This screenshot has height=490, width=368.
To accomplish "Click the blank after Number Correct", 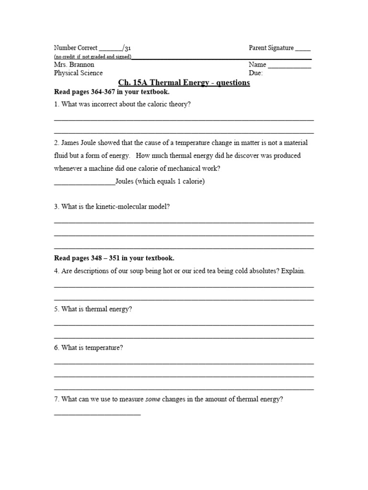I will click(111, 49).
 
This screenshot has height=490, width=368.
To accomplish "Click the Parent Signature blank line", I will click(303, 49).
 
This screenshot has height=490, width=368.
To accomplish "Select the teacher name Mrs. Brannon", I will click(74, 64).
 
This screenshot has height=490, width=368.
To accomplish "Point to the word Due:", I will click(255, 73).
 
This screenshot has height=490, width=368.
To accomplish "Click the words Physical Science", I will click(78, 73).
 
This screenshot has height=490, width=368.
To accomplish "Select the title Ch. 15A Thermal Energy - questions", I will click(184, 83).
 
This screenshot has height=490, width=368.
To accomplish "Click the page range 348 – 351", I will click(105, 258).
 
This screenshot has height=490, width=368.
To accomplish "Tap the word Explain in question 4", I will click(293, 271).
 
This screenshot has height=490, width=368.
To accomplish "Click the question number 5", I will click(56, 309).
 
